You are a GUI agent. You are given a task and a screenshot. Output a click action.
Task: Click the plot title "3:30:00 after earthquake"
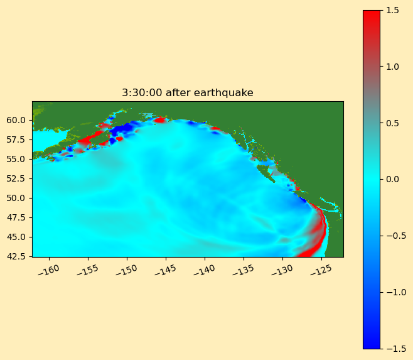tap(188, 93)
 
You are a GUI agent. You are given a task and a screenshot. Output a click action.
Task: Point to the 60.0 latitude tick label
tap(16, 120)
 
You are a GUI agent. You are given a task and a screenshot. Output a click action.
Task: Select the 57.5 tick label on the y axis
tap(16, 139)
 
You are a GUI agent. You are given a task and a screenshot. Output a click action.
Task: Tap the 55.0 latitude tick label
tap(16, 159)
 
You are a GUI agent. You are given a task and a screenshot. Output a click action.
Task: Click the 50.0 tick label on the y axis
tap(16, 198)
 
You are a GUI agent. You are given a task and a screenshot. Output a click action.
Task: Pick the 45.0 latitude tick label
tap(16, 237)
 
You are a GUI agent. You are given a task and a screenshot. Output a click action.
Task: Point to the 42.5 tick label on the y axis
tap(16, 256)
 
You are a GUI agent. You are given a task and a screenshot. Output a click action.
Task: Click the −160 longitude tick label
tap(48, 270)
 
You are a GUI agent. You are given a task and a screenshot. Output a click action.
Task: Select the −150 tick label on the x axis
tap(126, 270)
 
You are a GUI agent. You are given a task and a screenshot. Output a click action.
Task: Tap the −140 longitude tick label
tap(204, 270)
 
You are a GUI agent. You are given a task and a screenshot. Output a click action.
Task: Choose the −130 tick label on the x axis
tap(282, 270)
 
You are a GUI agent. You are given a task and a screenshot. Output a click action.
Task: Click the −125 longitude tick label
tap(321, 270)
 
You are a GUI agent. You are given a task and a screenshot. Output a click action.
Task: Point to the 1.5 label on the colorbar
tap(392, 11)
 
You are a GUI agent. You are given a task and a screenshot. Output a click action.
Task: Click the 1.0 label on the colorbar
tap(392, 67)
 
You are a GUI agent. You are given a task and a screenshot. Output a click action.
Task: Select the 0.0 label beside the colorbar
tap(392, 180)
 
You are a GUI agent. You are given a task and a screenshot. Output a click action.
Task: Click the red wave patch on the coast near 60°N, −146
tap(160, 120)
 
